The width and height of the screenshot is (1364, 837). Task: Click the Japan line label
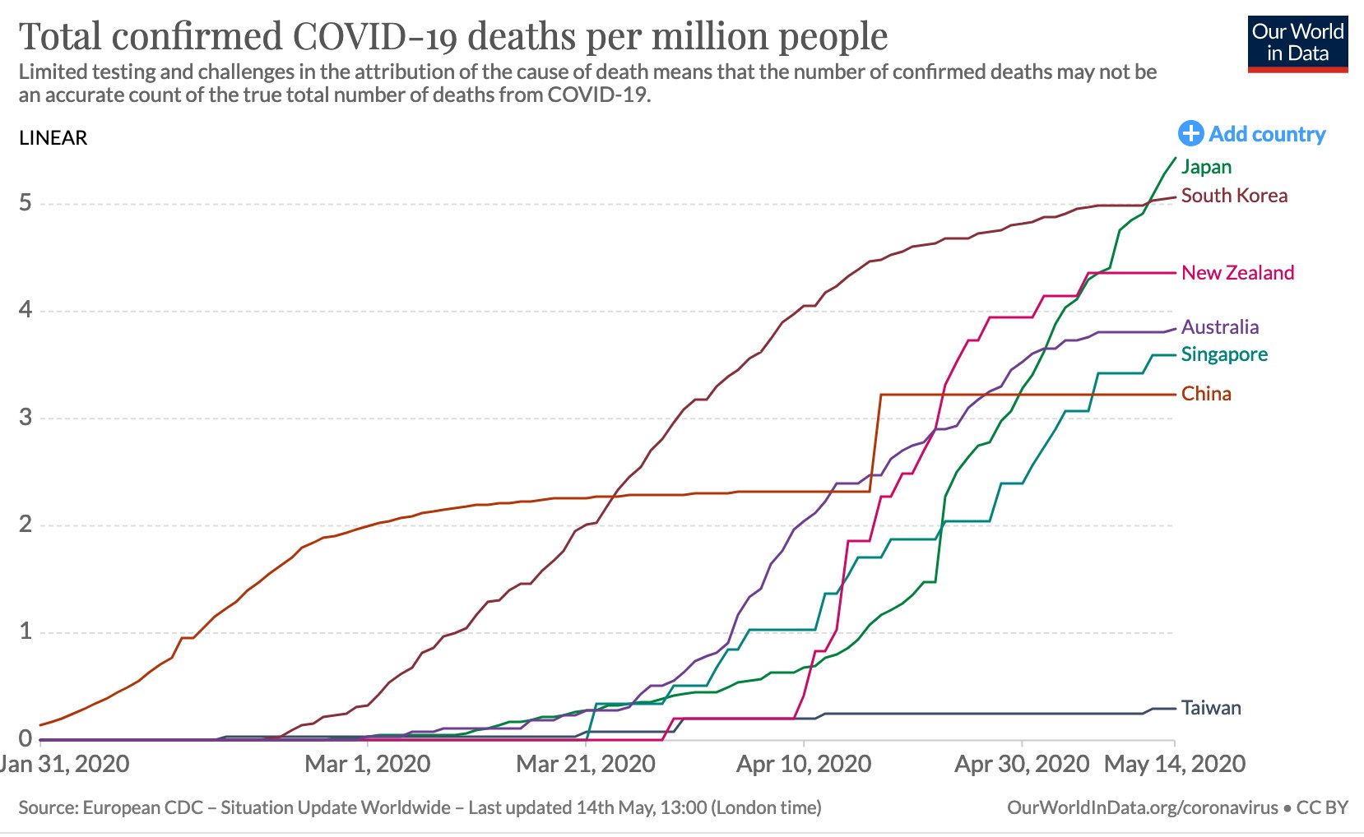tap(1206, 167)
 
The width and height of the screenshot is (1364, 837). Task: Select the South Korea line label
tap(1234, 196)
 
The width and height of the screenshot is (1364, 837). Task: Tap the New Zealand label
tap(1237, 273)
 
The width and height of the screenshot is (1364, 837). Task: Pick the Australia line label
tap(1219, 327)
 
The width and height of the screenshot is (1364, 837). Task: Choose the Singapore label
tap(1224, 354)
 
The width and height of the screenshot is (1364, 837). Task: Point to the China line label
tap(1206, 394)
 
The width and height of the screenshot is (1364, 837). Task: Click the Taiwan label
tap(1211, 708)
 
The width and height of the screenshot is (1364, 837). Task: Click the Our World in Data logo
tap(1297, 44)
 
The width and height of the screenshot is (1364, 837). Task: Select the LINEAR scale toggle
tap(53, 138)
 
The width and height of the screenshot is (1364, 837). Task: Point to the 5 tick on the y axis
tap(26, 203)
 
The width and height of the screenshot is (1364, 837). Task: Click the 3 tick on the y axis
tap(26, 418)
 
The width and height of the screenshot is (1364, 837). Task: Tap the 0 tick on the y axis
tap(26, 738)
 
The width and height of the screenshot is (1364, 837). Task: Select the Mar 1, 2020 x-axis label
tap(367, 765)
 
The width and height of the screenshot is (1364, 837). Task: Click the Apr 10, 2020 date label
tap(804, 765)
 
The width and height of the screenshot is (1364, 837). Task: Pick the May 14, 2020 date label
tap(1174, 765)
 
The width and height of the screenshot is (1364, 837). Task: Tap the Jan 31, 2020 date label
tap(64, 765)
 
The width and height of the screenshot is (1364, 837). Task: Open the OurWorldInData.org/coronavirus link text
tap(1142, 808)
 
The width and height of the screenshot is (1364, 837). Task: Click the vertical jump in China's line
tap(876, 444)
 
